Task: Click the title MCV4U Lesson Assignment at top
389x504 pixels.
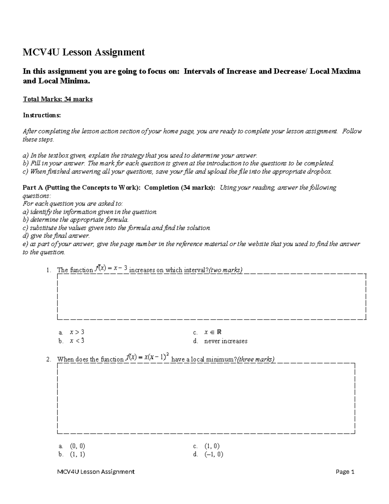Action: [x=84, y=52]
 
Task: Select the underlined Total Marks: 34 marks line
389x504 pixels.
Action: [x=58, y=99]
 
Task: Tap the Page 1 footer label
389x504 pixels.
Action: [x=345, y=472]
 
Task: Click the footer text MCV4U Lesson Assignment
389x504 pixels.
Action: [x=96, y=472]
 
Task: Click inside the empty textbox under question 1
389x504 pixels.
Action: [x=211, y=297]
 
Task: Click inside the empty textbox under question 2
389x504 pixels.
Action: [x=206, y=398]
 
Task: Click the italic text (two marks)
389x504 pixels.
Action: [x=226, y=270]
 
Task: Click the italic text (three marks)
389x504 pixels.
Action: [x=256, y=359]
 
